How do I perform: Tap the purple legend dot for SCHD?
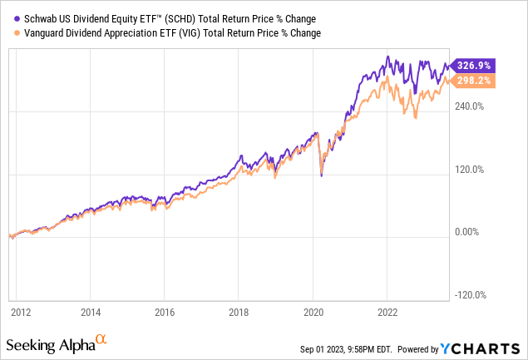point(7,17)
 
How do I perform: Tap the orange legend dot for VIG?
point(7,32)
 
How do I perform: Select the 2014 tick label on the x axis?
point(91,313)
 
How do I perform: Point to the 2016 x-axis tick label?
point(165,313)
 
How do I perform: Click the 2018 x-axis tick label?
point(239,313)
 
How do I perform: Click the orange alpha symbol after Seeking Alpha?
point(101,339)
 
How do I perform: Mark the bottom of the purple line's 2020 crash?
point(321,175)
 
